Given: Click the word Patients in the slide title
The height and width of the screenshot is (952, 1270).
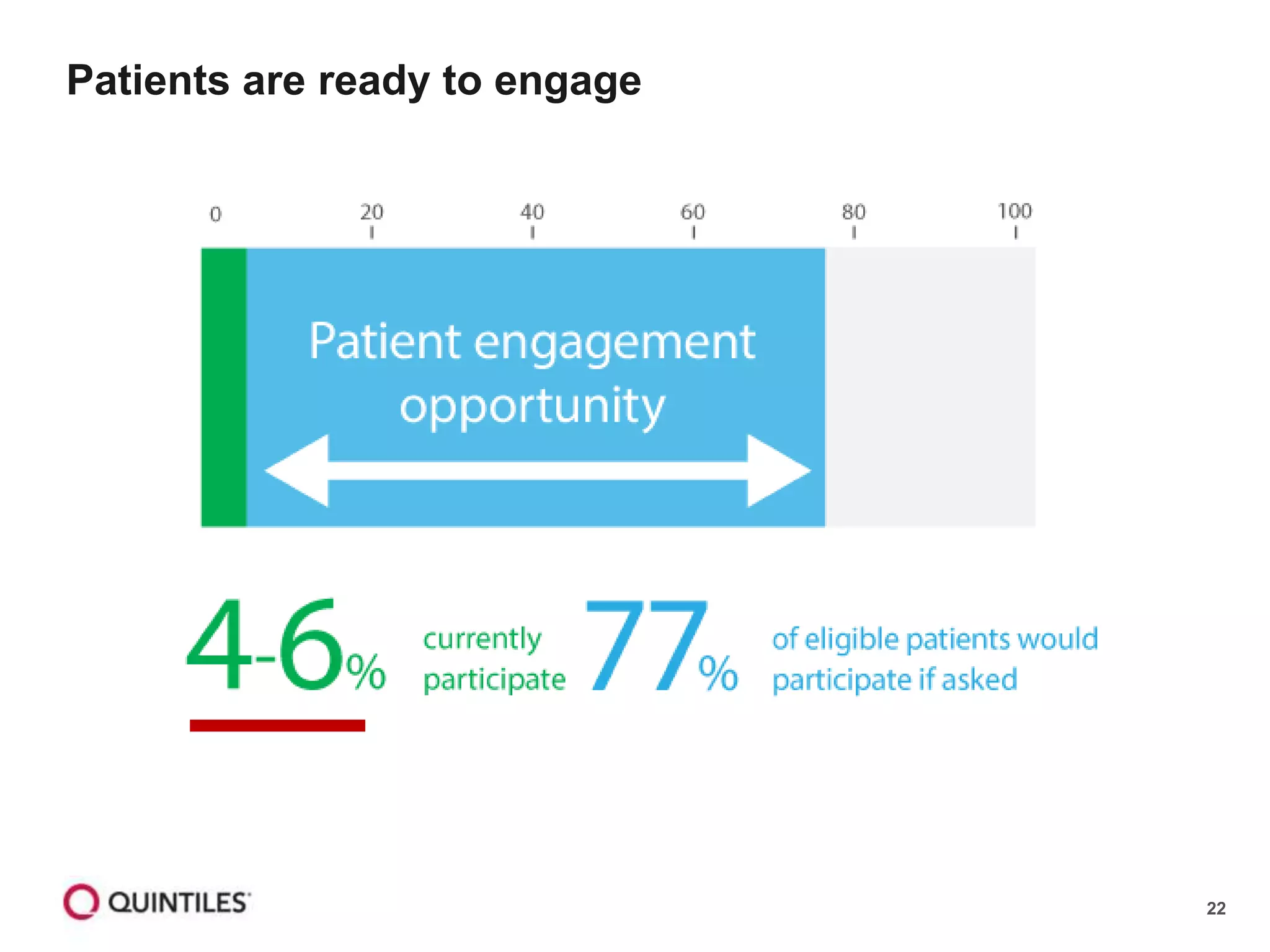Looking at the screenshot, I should (148, 81).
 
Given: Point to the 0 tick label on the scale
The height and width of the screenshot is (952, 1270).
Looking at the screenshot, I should (215, 214).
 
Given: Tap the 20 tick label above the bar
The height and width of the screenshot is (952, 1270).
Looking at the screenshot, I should (371, 213).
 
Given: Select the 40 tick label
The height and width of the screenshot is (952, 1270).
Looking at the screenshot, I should (532, 213).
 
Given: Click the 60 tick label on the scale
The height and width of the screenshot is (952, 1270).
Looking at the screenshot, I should (693, 213).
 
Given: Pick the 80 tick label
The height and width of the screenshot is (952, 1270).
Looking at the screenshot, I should (853, 213).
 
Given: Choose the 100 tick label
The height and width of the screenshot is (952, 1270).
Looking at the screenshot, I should (1015, 211).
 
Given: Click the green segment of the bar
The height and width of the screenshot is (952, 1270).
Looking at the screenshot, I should (224, 387).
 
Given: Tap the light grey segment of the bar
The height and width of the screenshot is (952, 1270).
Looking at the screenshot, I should (930, 387).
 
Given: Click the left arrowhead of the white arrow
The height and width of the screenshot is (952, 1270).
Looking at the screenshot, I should (298, 471).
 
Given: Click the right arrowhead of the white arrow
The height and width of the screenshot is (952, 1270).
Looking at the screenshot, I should (778, 471).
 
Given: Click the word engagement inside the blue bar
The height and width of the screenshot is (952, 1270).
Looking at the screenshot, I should (614, 343).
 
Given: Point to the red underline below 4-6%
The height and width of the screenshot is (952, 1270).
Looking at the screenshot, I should (277, 725).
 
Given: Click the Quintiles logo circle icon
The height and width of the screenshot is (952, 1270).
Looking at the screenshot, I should (81, 902).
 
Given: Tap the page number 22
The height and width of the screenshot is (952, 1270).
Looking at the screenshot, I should (1215, 909).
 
